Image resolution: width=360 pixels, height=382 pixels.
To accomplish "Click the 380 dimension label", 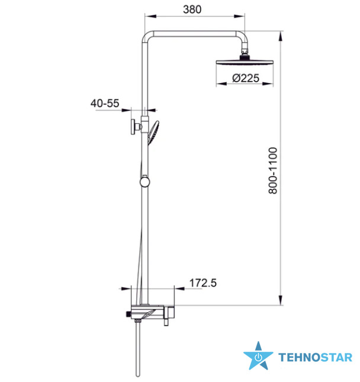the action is (192, 9).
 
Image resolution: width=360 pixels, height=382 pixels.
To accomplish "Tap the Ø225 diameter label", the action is (246, 78).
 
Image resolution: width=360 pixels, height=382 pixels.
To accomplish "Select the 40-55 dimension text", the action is (105, 103).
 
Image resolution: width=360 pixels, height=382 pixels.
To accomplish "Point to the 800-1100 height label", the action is (273, 171).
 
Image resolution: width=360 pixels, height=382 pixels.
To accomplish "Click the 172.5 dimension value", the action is (203, 283).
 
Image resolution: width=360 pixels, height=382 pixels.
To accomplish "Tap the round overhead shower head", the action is (245, 62).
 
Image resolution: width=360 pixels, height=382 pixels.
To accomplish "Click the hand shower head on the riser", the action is (153, 133).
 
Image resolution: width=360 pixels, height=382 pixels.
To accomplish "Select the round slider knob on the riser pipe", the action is (145, 182).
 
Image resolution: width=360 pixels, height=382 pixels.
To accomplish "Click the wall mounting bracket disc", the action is (133, 127).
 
